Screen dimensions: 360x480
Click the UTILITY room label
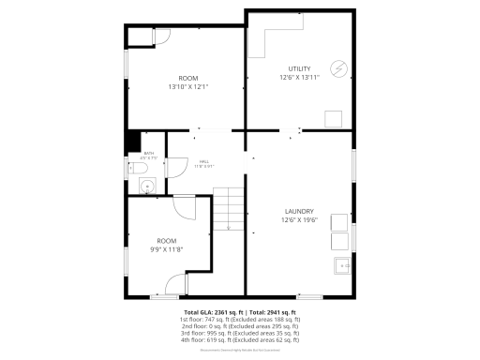tap(299, 69)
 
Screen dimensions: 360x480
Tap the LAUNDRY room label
tap(299, 211)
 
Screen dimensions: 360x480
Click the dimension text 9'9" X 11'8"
tap(166, 249)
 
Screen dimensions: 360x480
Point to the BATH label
tap(148, 153)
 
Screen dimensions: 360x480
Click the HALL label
tap(203, 161)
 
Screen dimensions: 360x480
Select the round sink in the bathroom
tap(146, 187)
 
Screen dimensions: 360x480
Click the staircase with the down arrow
tap(229, 208)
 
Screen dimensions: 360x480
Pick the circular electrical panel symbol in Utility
tap(337, 68)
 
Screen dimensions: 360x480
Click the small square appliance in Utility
tap(333, 117)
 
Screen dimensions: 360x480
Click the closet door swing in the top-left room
tap(160, 37)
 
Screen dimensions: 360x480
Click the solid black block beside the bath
tap(132, 140)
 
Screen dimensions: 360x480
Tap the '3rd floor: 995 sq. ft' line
tap(240, 333)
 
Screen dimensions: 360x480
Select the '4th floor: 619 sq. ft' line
tap(240, 340)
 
